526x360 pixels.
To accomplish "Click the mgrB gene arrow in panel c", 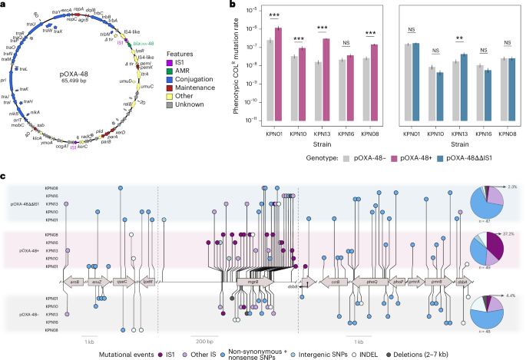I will [250, 282].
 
